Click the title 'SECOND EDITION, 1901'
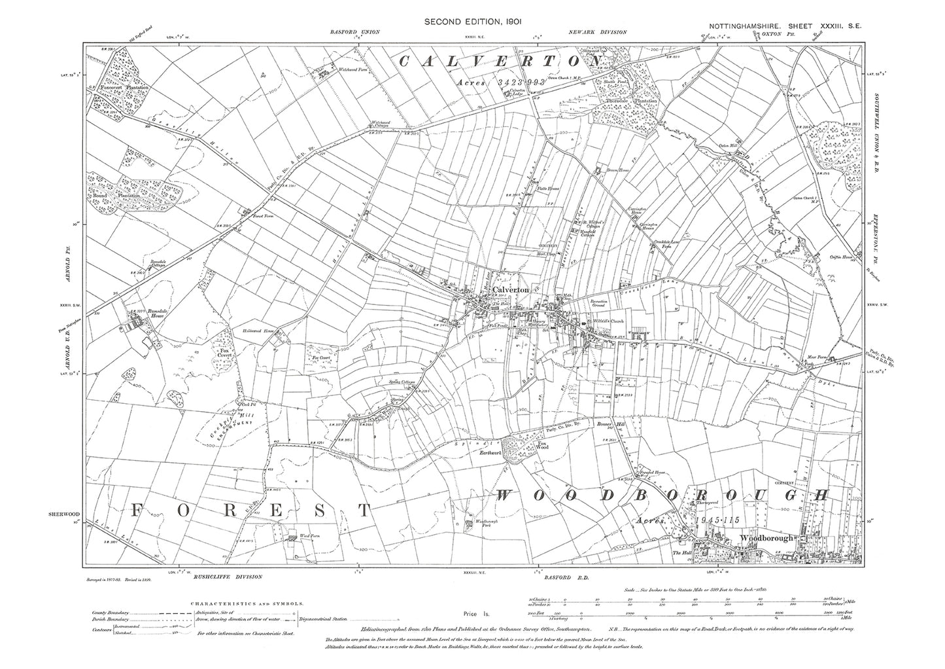tap(472, 22)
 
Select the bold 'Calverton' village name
tap(510, 289)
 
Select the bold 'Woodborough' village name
tap(766, 537)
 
